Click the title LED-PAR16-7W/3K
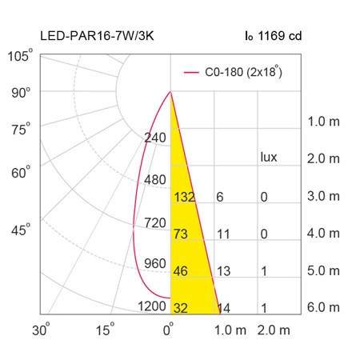point(97,36)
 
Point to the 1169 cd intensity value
point(280,36)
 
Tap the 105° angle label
point(20,55)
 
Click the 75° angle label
point(21,129)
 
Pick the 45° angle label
point(21,229)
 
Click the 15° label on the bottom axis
point(105,330)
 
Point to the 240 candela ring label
point(155,138)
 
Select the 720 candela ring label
point(155,222)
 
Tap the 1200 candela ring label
point(152,306)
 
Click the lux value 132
point(184,197)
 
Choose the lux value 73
point(181,234)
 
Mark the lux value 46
point(181,271)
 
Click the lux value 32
point(181,308)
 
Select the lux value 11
point(223,234)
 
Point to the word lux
point(269,157)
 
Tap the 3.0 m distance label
point(323,196)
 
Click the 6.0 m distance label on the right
point(323,307)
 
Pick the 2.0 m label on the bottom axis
point(274,330)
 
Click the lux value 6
point(220,197)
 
